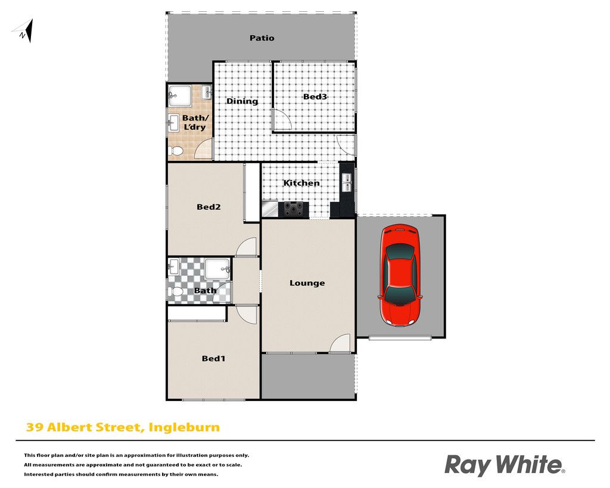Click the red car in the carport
[x=400, y=275]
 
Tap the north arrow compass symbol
[x=23, y=31]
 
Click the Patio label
[x=262, y=38]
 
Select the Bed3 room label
[x=315, y=97]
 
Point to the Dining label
[x=242, y=101]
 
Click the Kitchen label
[x=301, y=183]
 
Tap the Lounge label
[x=307, y=283]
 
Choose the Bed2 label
[x=208, y=207]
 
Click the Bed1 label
[x=214, y=359]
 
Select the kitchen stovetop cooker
[x=293, y=209]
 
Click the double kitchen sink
[x=347, y=182]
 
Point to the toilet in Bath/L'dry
[x=176, y=151]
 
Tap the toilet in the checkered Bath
[x=176, y=291]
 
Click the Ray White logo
[x=505, y=465]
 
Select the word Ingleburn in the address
[x=185, y=428]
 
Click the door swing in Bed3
[x=282, y=119]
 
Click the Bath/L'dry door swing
[x=204, y=148]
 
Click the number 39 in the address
[x=35, y=427]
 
